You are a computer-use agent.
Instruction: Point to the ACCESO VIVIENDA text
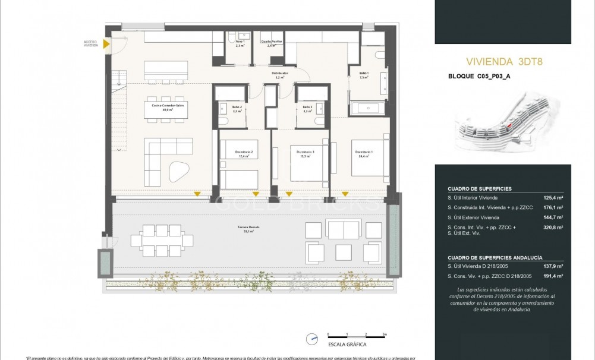[91, 43]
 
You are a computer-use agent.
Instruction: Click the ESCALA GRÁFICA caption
[347, 345]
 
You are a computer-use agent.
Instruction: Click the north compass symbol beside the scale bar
[312, 339]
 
